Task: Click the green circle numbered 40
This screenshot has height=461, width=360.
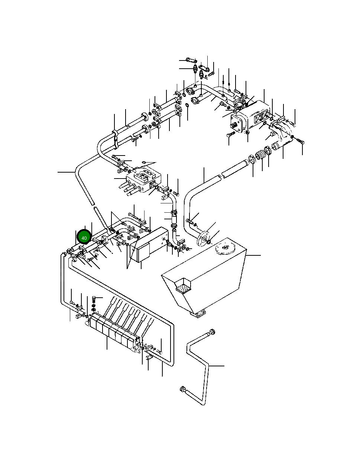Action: tap(84, 238)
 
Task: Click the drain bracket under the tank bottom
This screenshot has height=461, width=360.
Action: tap(199, 314)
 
